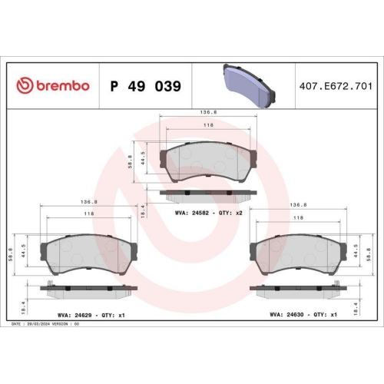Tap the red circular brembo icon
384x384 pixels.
[24, 86]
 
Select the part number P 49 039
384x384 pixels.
[146, 86]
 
